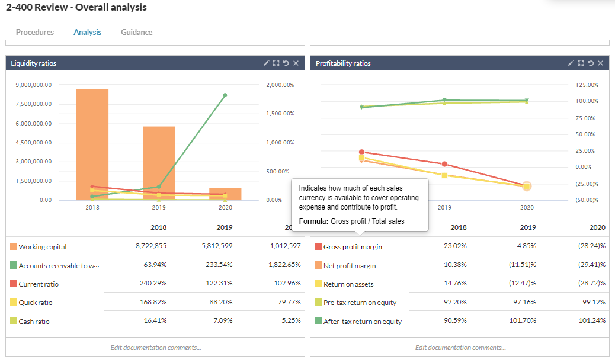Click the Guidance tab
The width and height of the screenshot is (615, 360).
(x=136, y=32)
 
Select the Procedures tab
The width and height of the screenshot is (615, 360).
(x=35, y=32)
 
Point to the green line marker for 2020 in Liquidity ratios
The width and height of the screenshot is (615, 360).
(x=225, y=95)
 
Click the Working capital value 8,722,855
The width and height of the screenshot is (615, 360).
(x=151, y=246)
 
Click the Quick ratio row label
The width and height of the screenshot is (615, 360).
(x=36, y=303)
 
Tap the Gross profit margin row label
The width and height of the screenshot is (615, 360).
(x=353, y=247)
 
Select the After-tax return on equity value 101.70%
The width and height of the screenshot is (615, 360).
(x=523, y=321)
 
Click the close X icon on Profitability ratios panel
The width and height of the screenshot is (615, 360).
(x=600, y=63)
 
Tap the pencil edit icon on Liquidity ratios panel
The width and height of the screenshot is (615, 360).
(x=267, y=63)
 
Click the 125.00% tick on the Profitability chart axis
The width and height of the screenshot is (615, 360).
(x=587, y=85)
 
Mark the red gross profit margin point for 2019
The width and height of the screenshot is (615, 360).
(x=444, y=164)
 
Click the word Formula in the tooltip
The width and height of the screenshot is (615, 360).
(x=313, y=221)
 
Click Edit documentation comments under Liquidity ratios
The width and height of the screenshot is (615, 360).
(x=155, y=348)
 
